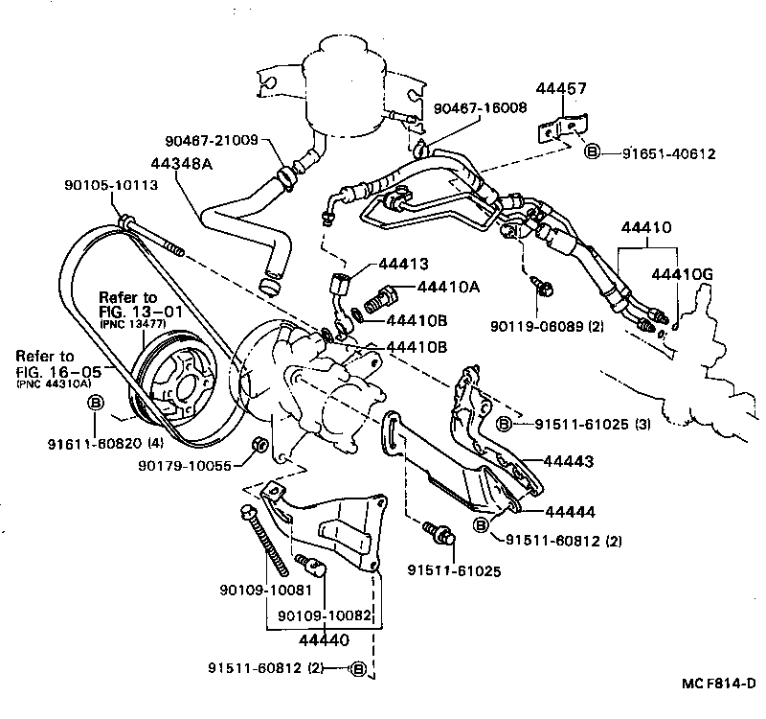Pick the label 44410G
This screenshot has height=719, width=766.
tap(682, 275)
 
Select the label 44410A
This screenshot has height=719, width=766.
tap(448, 285)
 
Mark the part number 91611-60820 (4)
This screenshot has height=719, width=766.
tap(94, 444)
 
